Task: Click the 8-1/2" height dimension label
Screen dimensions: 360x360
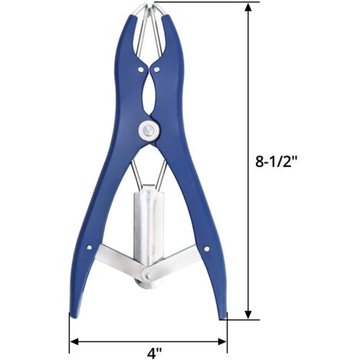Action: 277,161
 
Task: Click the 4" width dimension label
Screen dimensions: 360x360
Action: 155,353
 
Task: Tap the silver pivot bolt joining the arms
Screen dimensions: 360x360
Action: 149,131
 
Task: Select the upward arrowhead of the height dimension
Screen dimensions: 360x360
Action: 248,8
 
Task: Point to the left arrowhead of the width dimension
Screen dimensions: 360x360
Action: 74,342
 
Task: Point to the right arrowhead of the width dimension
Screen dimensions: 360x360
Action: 222,342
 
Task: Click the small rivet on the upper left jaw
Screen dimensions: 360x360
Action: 140,69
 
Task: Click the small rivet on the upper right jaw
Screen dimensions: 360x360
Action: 156,69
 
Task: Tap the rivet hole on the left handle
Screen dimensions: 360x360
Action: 89,247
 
